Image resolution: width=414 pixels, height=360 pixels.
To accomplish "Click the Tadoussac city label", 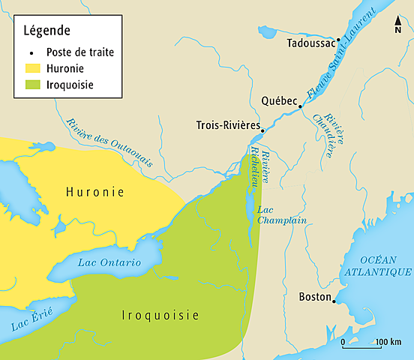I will [310, 43].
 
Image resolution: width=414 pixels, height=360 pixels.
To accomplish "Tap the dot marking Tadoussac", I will [339, 39].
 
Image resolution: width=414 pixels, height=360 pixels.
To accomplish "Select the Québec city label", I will [280, 100].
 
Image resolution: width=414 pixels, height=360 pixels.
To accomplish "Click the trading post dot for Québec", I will [301, 106].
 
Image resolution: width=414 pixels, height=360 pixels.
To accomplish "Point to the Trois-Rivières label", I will [227, 124].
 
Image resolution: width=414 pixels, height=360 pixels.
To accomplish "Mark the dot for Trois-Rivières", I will [262, 130].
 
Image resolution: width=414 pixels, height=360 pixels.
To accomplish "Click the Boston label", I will [315, 296].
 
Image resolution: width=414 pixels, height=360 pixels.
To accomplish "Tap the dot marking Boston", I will [334, 301].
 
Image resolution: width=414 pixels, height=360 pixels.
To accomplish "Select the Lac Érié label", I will [28, 320].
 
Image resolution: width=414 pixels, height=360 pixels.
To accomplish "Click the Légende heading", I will [46, 31].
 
